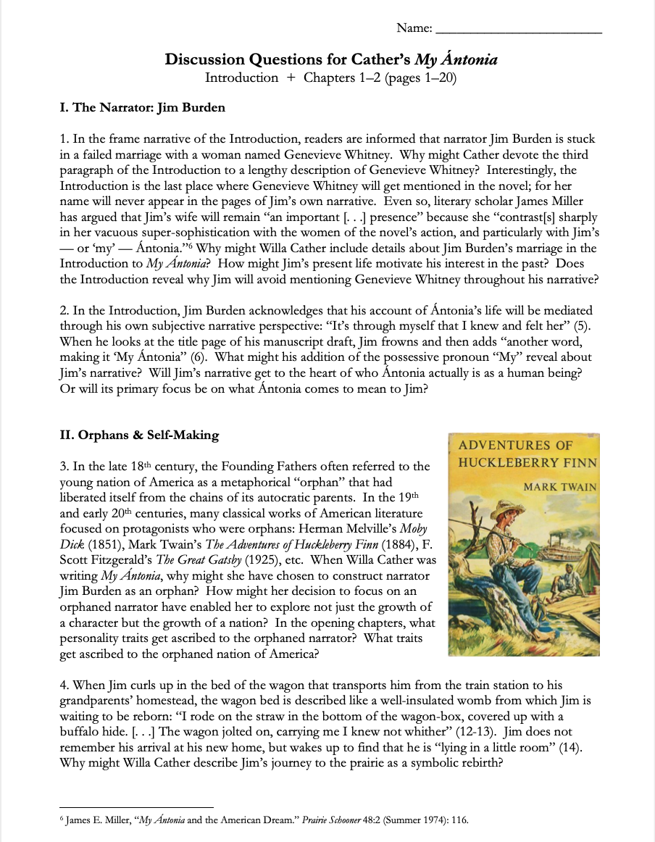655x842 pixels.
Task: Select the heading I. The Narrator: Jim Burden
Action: point(143,108)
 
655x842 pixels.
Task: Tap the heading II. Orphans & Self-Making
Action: point(139,435)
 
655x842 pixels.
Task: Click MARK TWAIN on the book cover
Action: point(560,487)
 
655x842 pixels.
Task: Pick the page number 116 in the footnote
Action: point(459,821)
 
